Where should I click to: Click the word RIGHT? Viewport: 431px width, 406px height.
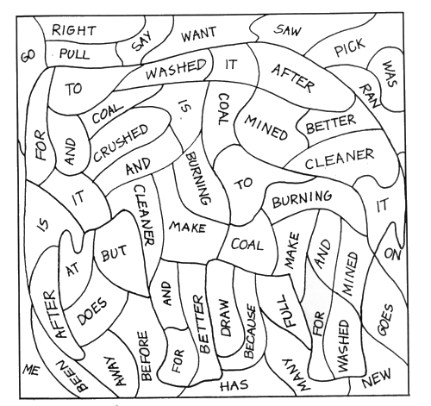click(x=74, y=30)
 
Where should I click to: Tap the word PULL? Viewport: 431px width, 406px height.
click(x=74, y=53)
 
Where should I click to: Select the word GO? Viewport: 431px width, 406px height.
click(x=28, y=55)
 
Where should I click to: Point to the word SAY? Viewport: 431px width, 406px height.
click(x=141, y=41)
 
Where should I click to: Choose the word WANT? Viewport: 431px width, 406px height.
click(x=198, y=34)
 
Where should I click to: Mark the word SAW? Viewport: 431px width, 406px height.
click(x=288, y=30)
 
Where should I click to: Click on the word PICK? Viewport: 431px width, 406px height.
click(x=350, y=47)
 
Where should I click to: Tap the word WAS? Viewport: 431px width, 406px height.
click(x=390, y=73)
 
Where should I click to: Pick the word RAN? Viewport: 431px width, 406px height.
click(x=369, y=96)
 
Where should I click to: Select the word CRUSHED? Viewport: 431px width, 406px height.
click(x=121, y=142)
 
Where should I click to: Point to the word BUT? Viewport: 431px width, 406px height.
click(x=114, y=253)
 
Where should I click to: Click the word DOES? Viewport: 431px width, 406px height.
click(x=91, y=311)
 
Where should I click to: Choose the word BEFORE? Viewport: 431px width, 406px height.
click(x=145, y=356)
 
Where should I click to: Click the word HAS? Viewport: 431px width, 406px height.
click(x=234, y=385)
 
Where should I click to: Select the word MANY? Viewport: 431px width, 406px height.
click(x=295, y=375)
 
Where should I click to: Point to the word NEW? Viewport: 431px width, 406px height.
click(x=377, y=378)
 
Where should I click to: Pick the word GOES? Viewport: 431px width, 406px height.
click(x=385, y=320)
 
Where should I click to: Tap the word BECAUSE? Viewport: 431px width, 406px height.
click(x=250, y=331)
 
